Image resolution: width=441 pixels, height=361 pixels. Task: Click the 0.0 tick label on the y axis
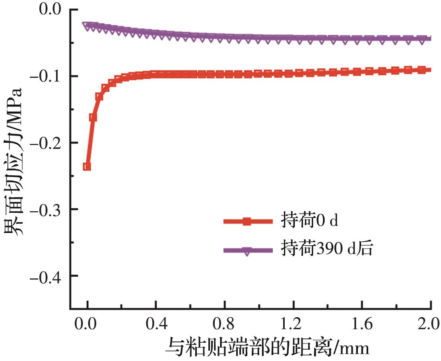tap(49, 9)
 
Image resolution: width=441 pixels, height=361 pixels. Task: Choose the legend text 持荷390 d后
tap(326, 250)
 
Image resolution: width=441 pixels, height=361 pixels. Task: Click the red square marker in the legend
tap(247, 221)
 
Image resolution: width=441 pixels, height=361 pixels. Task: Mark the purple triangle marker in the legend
tap(247, 251)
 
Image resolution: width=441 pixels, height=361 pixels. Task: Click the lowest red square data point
tap(87, 166)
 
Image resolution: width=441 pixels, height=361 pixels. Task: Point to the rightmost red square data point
tap(428, 70)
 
